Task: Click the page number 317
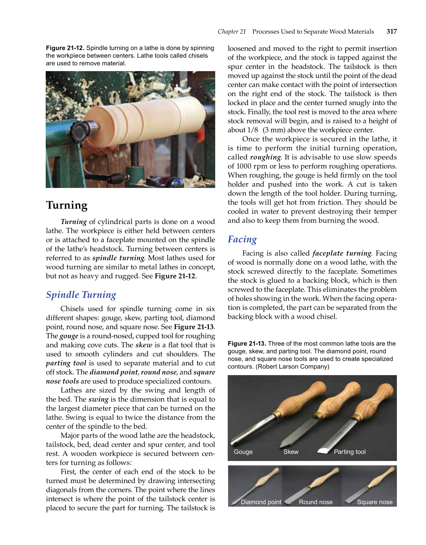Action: tap(391, 32)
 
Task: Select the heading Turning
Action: tap(67, 205)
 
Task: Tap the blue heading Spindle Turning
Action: tap(81, 295)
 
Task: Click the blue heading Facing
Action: tap(242, 240)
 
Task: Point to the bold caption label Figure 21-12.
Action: tap(65, 48)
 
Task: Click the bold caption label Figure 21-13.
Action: tap(247, 343)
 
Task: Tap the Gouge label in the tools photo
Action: tap(243, 452)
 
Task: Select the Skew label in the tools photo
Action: tap(291, 452)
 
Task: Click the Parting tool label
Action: tap(349, 452)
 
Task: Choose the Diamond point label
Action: tap(261, 502)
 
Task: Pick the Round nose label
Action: tap(315, 502)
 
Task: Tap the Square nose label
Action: tap(374, 502)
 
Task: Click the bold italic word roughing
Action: tap(265, 157)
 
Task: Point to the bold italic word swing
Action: tap(98, 399)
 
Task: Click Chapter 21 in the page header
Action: tap(231, 32)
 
